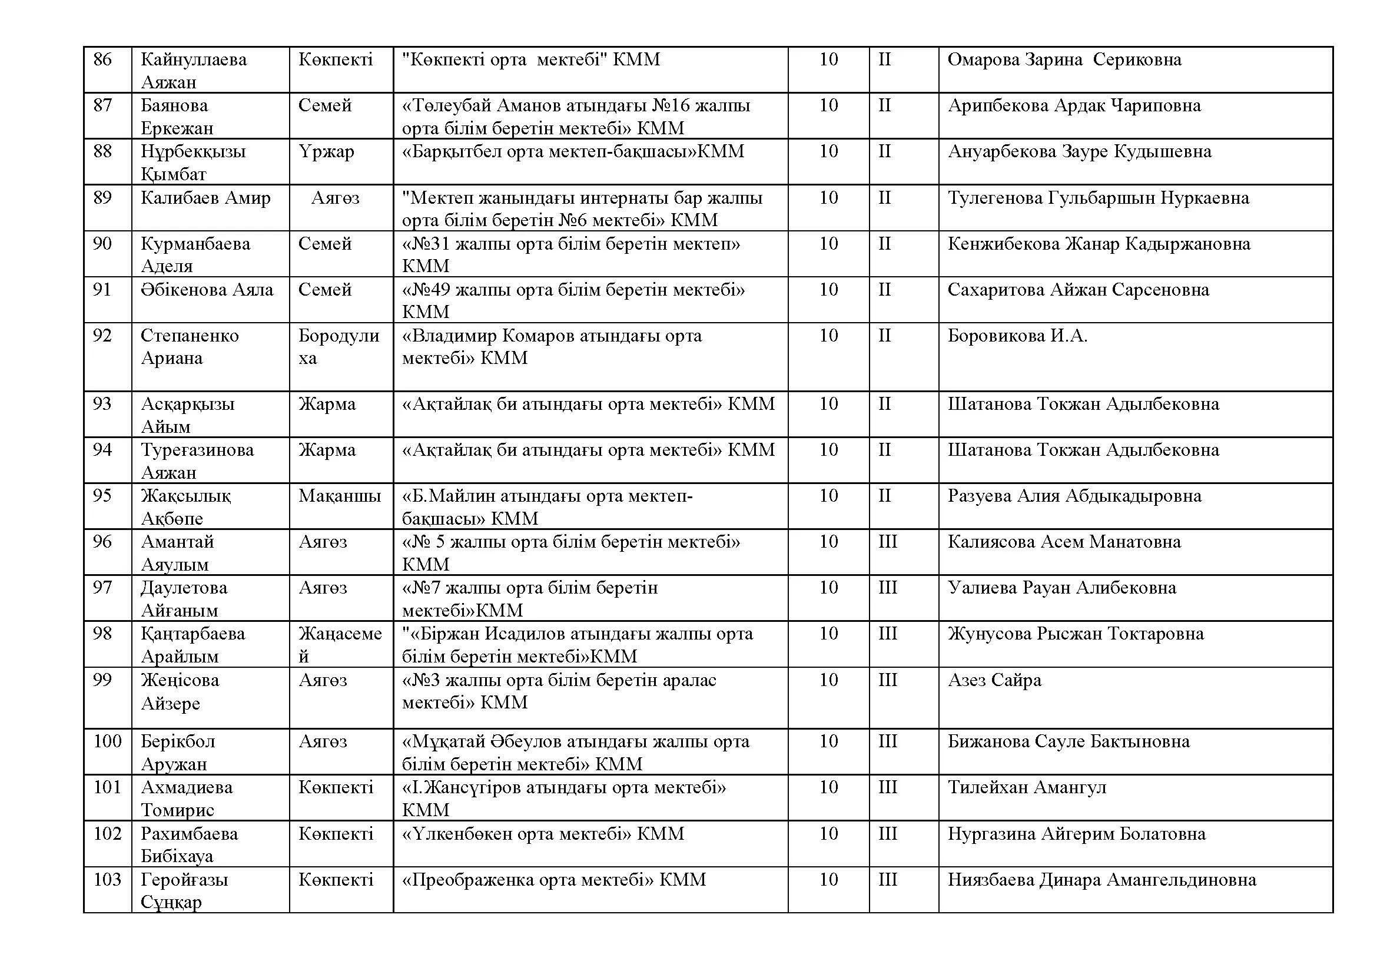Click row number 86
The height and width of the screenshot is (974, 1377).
[102, 59]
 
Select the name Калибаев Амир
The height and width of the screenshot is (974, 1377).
[205, 198]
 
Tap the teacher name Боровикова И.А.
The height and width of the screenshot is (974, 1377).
[1017, 336]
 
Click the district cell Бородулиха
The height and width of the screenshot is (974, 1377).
[339, 347]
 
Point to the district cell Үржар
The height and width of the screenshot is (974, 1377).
[326, 152]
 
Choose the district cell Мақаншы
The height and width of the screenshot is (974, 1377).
[340, 496]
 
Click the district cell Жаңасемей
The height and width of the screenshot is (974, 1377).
[340, 645]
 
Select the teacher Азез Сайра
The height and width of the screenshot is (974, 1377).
[994, 680]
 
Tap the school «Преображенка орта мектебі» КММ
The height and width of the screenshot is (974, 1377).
[553, 880]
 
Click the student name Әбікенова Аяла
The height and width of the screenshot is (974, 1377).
[207, 290]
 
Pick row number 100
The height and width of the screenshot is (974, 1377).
[107, 741]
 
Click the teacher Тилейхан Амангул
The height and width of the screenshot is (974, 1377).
[1027, 787]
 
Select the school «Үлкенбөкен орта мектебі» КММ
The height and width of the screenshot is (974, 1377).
[543, 834]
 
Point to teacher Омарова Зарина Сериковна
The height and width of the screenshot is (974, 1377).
[1064, 59]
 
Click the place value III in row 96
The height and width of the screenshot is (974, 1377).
[888, 542]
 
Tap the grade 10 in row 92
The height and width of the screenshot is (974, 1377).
[828, 336]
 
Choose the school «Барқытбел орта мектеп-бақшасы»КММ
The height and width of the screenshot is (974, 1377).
[573, 152]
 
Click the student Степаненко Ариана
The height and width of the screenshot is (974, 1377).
[190, 347]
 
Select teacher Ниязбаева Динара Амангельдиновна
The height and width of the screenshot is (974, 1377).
[1101, 880]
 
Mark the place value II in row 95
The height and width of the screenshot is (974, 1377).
[885, 496]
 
